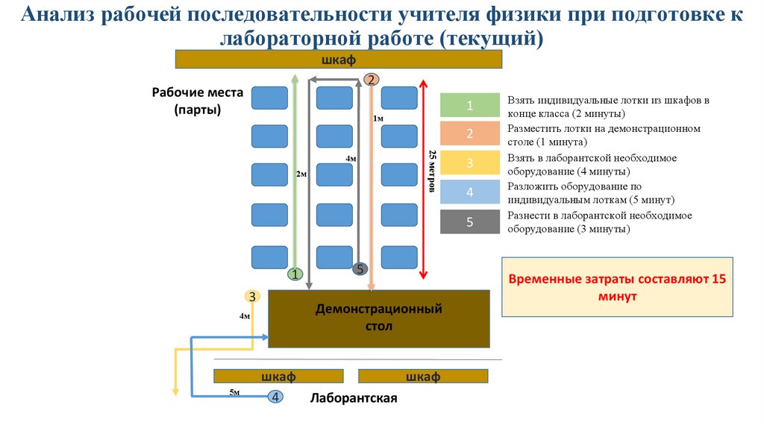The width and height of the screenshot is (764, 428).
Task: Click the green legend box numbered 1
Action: tap(470, 106)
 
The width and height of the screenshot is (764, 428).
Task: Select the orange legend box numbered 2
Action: tap(470, 134)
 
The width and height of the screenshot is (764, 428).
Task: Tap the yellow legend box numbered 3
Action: tap(470, 163)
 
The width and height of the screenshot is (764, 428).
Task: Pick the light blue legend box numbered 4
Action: tap(470, 192)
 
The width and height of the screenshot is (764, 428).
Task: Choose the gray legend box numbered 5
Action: tap(470, 221)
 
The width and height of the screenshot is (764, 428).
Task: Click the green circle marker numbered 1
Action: tap(295, 274)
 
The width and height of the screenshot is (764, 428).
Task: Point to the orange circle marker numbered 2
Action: tap(372, 80)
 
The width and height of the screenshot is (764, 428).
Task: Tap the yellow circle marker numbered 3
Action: tap(252, 296)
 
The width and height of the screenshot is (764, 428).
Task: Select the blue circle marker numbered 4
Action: tap(275, 397)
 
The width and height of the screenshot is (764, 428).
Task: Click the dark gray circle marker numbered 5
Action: tap(360, 269)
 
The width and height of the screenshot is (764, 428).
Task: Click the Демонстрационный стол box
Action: tap(378, 318)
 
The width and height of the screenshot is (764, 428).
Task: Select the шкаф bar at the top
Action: tap(338, 60)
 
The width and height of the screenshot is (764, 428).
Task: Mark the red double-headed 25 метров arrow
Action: tap(423, 179)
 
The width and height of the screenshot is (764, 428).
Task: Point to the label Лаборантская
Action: tap(354, 398)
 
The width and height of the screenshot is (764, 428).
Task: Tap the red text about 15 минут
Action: tap(616, 287)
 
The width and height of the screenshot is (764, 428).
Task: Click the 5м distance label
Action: tap(234, 391)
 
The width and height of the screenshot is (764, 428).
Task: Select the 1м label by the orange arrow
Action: tap(378, 119)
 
